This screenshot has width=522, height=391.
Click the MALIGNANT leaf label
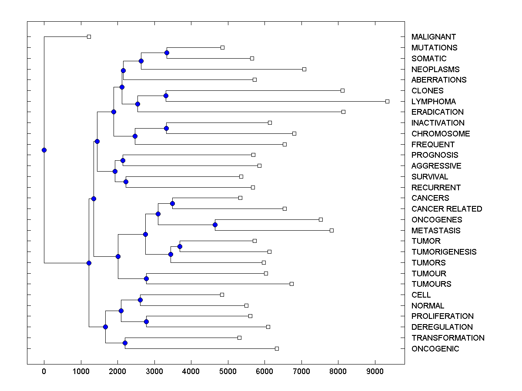click(434, 37)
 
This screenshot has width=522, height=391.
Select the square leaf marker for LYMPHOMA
click(387, 101)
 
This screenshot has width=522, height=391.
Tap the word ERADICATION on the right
click(438, 112)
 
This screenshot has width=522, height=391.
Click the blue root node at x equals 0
click(44, 150)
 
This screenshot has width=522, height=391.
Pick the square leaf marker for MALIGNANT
click(89, 36)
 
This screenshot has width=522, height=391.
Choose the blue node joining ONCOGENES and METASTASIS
click(215, 225)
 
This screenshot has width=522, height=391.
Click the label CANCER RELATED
click(447, 209)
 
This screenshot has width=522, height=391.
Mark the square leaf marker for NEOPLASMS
click(304, 69)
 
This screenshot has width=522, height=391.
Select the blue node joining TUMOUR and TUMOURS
click(147, 278)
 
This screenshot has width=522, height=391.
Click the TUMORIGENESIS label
click(444, 252)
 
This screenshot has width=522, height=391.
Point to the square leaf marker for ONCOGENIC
click(277, 348)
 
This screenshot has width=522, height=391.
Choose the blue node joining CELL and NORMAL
click(140, 300)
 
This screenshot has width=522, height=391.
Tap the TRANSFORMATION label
click(448, 338)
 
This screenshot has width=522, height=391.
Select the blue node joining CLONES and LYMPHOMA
click(166, 96)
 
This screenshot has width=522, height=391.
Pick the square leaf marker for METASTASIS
click(331, 230)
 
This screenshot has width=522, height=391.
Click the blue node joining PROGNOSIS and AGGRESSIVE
click(123, 160)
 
